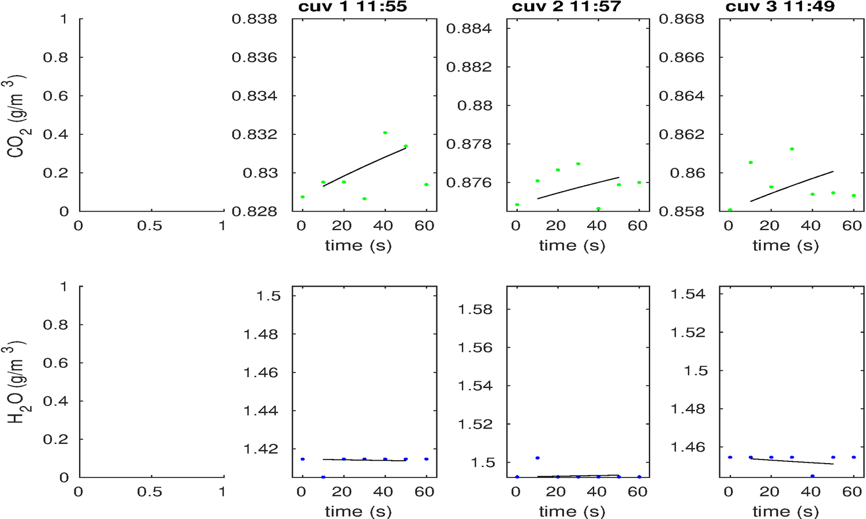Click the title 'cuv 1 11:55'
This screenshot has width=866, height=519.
point(353,7)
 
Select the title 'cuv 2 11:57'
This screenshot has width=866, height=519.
point(566,7)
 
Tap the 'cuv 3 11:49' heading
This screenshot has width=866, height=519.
point(780,7)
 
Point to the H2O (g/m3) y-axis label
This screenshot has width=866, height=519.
point(17,383)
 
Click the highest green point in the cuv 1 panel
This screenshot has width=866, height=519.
point(385,133)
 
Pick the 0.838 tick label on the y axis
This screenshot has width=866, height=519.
point(255,19)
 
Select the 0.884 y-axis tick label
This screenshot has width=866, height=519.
point(469,28)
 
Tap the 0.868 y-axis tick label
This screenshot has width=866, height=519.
point(682,19)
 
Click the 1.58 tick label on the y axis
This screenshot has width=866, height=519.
point(475,309)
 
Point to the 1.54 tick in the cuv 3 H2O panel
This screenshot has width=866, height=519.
point(688,294)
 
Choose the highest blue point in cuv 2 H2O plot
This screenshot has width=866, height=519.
point(537,458)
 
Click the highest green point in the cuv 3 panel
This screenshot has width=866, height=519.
point(792,149)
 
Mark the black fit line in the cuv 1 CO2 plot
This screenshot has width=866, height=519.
point(364,167)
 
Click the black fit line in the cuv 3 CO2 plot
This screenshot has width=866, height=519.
point(792,185)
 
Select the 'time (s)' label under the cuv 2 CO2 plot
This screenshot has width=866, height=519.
point(572,246)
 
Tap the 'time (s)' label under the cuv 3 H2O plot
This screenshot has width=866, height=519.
point(786,512)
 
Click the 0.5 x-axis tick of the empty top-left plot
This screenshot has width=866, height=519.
point(150,226)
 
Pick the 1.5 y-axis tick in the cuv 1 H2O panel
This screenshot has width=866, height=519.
point(268,296)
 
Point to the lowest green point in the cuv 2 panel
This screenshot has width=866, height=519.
point(599,209)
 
